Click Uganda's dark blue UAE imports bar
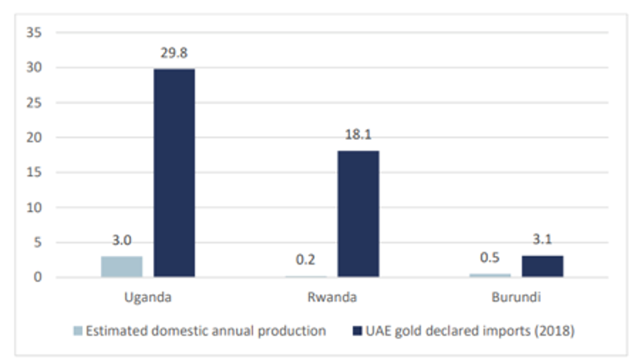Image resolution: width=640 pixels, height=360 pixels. [174, 173]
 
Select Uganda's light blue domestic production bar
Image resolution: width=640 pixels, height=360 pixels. [122, 267]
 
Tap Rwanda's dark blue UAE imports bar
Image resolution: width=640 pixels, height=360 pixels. [358, 214]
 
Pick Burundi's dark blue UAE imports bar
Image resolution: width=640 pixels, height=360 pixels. [543, 267]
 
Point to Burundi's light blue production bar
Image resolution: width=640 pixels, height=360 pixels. [490, 275]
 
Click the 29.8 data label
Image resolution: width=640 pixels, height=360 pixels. [174, 53]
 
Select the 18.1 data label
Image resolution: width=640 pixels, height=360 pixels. [358, 134]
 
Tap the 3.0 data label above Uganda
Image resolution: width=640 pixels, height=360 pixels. [122, 240]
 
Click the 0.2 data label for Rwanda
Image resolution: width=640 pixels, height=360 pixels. [305, 260]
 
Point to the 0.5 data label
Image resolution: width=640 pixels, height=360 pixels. [490, 258]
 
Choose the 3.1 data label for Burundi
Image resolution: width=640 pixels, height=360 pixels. [543, 239]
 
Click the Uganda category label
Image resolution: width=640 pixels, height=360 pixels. [148, 297]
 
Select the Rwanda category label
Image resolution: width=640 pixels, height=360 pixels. [332, 297]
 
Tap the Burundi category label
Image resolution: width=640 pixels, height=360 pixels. [516, 297]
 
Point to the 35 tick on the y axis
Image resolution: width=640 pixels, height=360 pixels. [34, 32]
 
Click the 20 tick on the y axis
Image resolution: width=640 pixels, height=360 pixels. [34, 137]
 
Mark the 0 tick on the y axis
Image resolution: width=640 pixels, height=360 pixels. [38, 277]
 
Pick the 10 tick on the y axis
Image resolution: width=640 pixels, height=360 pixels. [34, 208]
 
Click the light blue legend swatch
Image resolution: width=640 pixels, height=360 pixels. [78, 331]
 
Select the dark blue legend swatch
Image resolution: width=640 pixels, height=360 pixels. [357, 331]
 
